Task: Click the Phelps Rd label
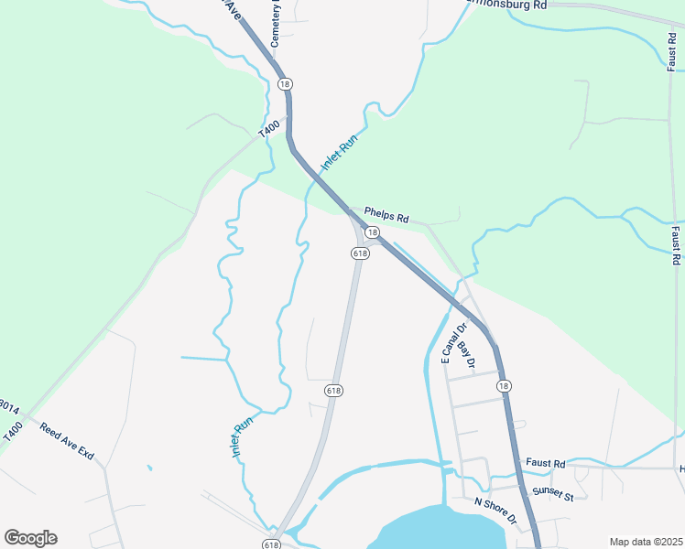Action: tap(385, 214)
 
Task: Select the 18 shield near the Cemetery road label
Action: tap(286, 84)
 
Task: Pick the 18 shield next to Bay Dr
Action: tap(504, 386)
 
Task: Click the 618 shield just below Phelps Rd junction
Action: tap(359, 253)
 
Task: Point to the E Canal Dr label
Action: tap(453, 343)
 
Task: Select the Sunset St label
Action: tap(553, 495)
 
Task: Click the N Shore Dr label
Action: tap(495, 511)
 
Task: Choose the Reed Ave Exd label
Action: tap(67, 439)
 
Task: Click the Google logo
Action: tap(30, 538)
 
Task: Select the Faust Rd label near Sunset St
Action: tap(546, 465)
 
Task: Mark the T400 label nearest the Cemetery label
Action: tap(266, 132)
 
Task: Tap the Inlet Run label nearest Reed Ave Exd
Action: tap(242, 437)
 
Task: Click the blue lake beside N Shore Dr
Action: tap(440, 531)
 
